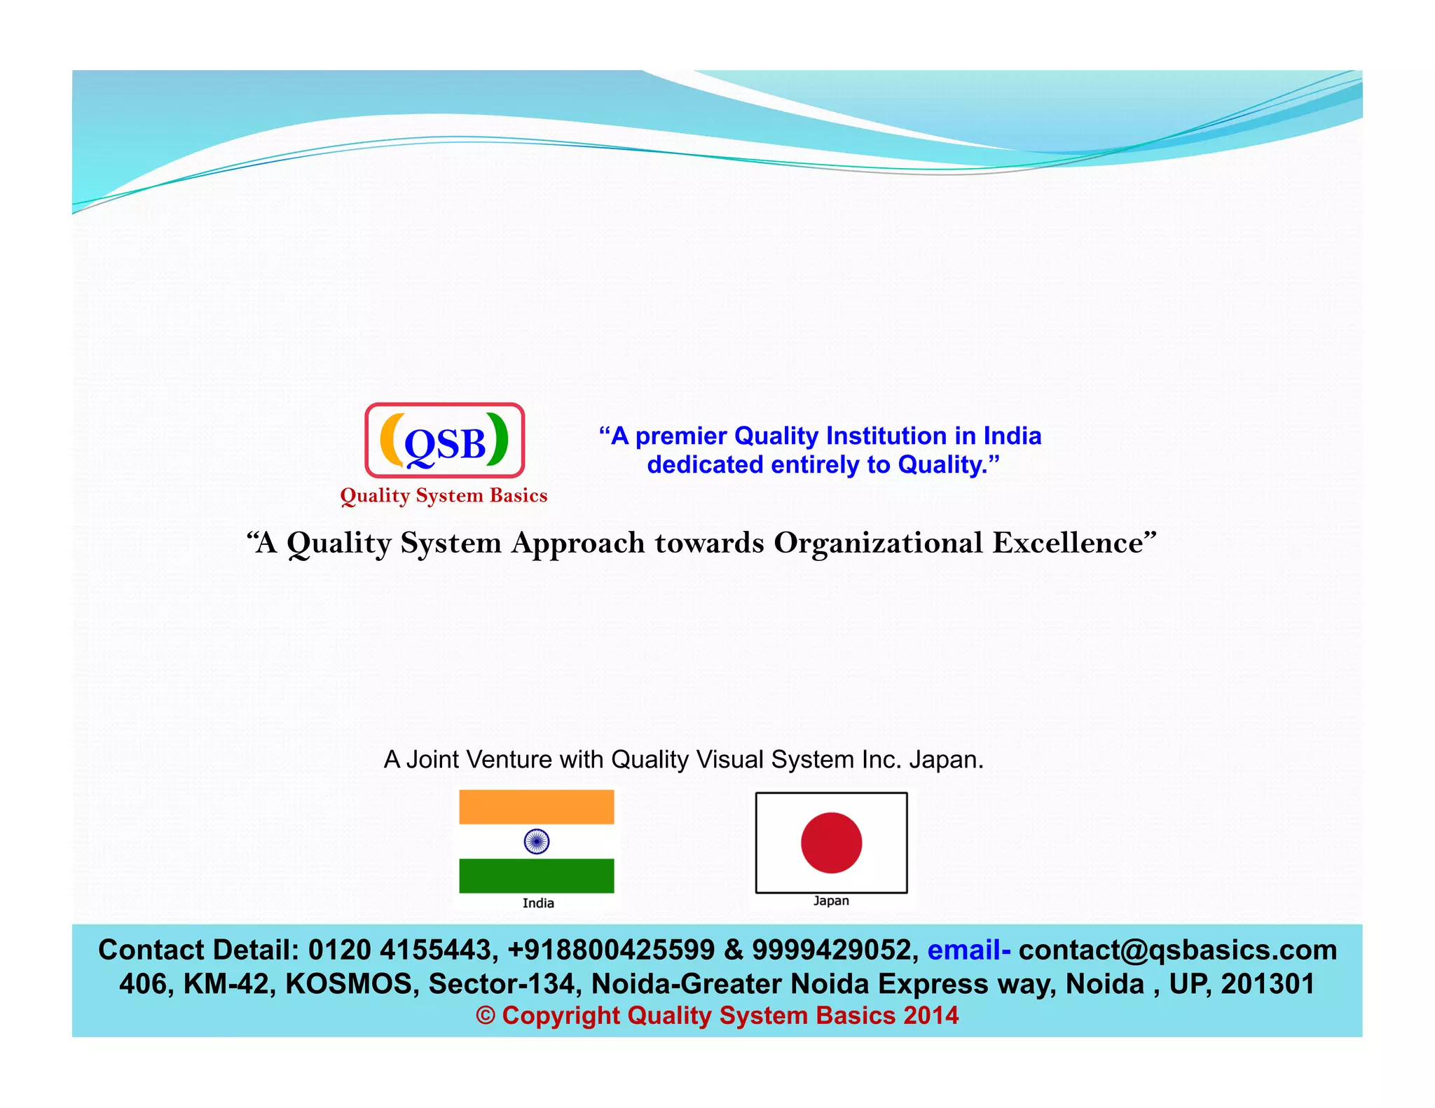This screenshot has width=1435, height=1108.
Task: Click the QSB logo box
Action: (x=444, y=441)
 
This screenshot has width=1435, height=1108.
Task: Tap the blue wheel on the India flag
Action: (x=537, y=841)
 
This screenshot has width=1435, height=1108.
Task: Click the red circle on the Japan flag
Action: (x=831, y=843)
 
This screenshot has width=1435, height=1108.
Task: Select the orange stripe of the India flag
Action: (x=537, y=807)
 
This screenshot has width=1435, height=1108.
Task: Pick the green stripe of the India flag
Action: (x=537, y=875)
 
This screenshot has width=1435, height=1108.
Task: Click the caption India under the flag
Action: (x=538, y=903)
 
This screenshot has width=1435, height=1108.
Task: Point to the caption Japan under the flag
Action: (x=831, y=901)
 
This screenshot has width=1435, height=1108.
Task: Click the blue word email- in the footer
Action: (x=968, y=950)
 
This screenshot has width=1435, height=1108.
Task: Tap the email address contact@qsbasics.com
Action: (x=1178, y=950)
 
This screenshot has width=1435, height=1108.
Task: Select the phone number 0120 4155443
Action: (x=403, y=950)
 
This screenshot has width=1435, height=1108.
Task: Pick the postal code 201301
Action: (x=1268, y=983)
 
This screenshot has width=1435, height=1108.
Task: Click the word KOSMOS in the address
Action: (x=348, y=983)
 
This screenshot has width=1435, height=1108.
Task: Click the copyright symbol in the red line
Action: (x=486, y=1016)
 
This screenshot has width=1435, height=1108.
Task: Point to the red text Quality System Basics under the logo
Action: (x=444, y=496)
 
